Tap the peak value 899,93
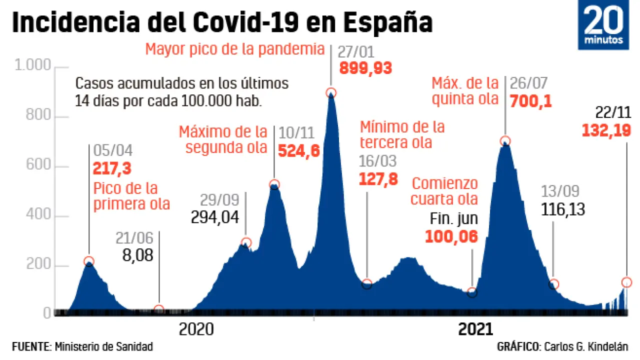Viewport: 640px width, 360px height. (x=365, y=68)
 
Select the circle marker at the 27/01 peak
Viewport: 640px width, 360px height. (x=330, y=92)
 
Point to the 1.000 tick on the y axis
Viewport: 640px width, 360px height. (x=33, y=65)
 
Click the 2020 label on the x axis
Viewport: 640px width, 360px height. (x=196, y=329)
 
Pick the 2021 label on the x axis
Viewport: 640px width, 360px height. (x=475, y=329)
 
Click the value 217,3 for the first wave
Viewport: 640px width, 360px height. (x=112, y=168)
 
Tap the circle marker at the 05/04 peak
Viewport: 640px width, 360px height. (x=89, y=261)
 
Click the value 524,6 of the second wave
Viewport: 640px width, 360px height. (x=298, y=150)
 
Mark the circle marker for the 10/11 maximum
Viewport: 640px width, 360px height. (x=274, y=184)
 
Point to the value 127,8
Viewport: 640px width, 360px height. (x=378, y=179)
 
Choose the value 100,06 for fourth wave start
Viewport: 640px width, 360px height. (x=451, y=236)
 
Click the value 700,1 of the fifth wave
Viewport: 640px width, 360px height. (x=530, y=101)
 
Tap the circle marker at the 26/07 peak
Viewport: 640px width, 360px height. (x=505, y=141)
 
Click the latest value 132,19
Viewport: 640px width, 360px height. (x=605, y=131)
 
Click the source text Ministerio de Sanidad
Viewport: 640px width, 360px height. (x=104, y=346)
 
